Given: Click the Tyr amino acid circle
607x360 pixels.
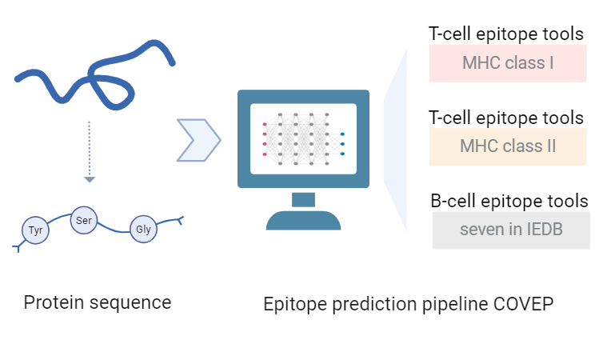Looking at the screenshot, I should pos(35,230).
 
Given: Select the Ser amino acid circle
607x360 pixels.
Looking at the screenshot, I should pos(84,219).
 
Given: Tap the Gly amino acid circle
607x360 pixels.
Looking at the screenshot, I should pos(144,229).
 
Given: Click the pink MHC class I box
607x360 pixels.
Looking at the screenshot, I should pos(508,63).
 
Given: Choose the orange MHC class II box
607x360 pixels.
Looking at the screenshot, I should pos(508,146).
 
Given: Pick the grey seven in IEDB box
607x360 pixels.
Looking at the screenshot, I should pos(511,230).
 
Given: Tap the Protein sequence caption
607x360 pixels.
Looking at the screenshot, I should pos(98,302).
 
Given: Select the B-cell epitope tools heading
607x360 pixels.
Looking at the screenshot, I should pos(509,201).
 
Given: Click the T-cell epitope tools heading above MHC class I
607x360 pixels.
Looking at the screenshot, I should pos(506,34).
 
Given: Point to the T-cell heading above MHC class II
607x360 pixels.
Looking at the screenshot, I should pos(506,118).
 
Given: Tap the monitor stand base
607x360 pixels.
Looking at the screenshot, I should pos(303,219).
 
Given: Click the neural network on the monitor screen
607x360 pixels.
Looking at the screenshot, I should pos(303,138).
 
